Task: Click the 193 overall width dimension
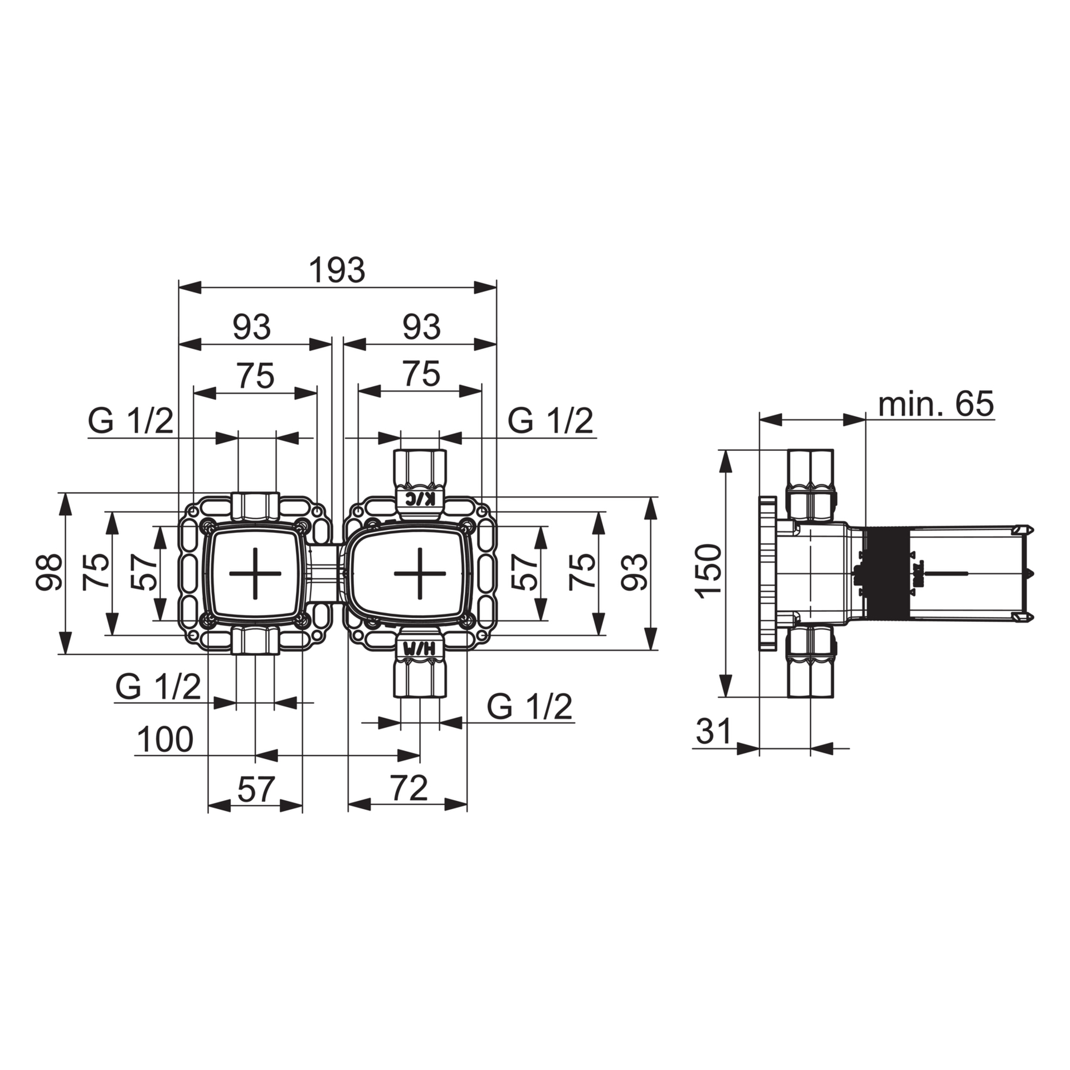337,271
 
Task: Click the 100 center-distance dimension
165,740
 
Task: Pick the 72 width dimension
408,788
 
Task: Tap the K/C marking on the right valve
419,498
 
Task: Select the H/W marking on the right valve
419,649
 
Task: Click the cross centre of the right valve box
420,573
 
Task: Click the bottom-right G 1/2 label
530,707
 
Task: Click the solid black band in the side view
886,573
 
